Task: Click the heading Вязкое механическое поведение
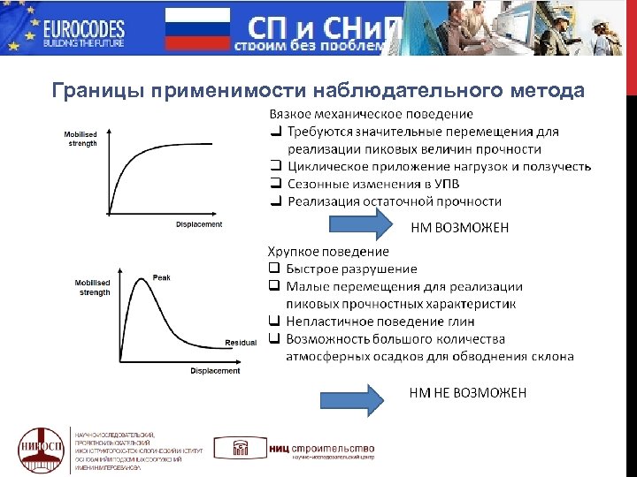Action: [x=371, y=115]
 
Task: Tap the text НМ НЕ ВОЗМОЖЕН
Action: [x=467, y=392]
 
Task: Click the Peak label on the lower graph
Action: [x=162, y=277]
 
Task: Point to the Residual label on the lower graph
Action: [x=241, y=342]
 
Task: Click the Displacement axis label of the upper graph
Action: [x=199, y=224]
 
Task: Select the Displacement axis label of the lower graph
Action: [x=215, y=371]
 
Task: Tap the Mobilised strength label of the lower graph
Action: [x=93, y=288]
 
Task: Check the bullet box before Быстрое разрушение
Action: [x=274, y=269]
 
